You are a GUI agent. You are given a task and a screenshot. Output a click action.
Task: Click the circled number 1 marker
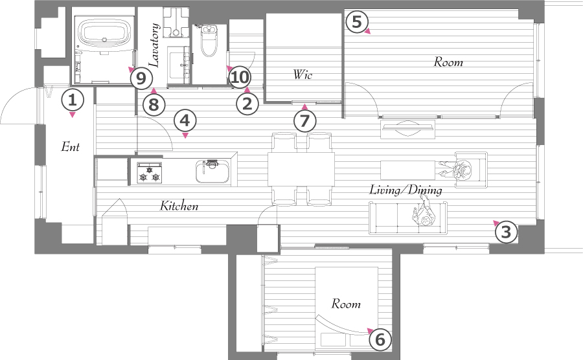tap(73, 100)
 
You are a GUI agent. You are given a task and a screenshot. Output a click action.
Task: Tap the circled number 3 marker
tap(507, 232)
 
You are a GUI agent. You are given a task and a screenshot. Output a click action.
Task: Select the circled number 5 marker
tap(356, 21)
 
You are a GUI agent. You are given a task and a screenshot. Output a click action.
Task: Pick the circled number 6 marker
tap(380, 339)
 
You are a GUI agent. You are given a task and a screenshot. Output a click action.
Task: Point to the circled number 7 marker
tap(304, 120)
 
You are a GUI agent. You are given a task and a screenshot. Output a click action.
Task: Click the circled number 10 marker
tap(240, 78)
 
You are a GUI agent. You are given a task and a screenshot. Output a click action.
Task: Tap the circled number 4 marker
tap(185, 120)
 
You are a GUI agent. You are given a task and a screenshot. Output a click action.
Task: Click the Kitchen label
tap(179, 205)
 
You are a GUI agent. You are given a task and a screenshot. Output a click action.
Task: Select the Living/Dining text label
tap(406, 190)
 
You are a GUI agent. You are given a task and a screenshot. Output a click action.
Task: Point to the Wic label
tap(303, 74)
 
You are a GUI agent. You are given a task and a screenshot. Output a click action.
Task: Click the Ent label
tap(70, 147)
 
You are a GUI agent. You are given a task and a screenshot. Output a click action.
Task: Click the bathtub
tap(104, 34)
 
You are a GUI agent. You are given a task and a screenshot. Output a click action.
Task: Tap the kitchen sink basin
tap(212, 172)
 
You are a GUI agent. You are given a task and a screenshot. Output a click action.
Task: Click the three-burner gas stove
tap(150, 172)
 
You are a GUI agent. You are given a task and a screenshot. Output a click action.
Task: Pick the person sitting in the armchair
tap(457, 170)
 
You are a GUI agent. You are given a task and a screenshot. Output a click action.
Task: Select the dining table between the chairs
tap(301, 170)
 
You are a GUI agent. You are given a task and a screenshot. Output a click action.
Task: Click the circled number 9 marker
tap(141, 78)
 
